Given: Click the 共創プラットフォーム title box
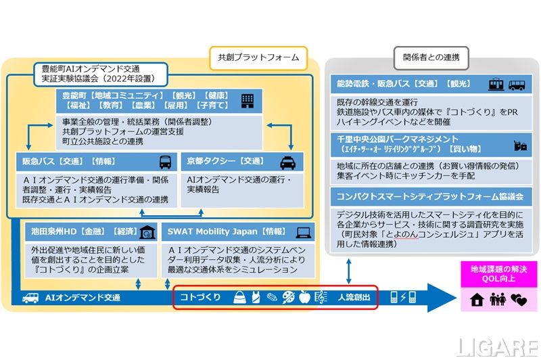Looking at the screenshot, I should [258, 58].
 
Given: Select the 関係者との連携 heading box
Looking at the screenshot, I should [431, 58].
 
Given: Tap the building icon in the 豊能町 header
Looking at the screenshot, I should [248, 102].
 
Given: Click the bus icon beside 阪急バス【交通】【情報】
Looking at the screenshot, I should [165, 162].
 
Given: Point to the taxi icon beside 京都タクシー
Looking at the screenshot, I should [289, 162].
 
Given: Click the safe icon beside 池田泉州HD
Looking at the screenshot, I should [147, 231].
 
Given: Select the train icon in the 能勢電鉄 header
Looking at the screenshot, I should [496, 85].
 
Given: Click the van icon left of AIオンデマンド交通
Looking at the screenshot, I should [30, 297].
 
